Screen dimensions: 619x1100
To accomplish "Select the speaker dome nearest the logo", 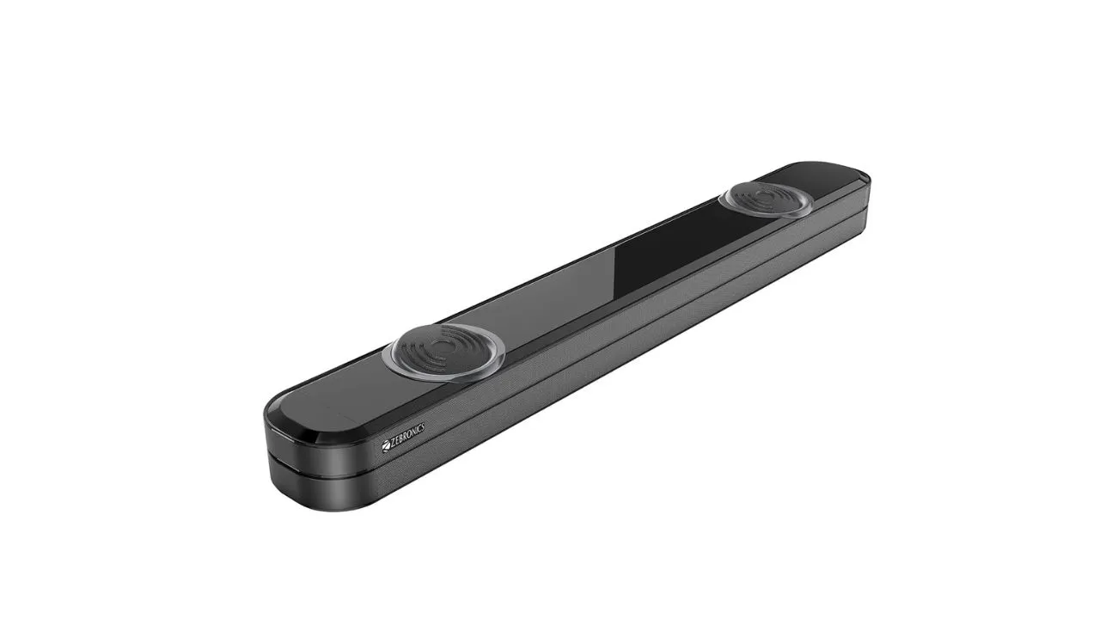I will [447, 347].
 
